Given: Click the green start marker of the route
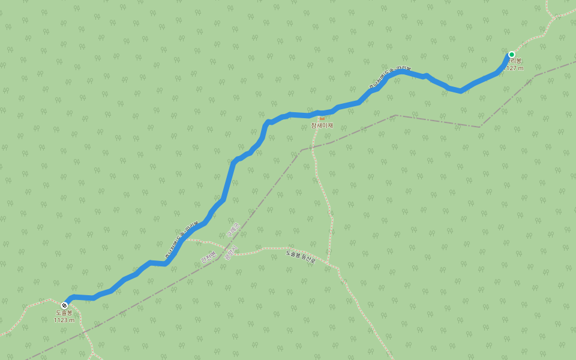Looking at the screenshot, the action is pyautogui.click(x=512, y=55).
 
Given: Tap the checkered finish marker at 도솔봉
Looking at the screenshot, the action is pyautogui.click(x=65, y=305).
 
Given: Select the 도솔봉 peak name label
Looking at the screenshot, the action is pyautogui.click(x=64, y=313).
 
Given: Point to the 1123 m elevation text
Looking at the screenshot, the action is pyautogui.click(x=64, y=320).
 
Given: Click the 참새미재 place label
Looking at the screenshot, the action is pyautogui.click(x=322, y=125).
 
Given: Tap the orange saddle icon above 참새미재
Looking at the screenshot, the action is pyautogui.click(x=322, y=118).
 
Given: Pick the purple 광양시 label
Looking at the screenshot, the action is pyautogui.click(x=231, y=253).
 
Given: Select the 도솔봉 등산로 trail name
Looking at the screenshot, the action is pyautogui.click(x=301, y=257).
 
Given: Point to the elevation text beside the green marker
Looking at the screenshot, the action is pyautogui.click(x=515, y=68).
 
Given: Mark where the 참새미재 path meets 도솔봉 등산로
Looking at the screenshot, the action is pyautogui.click(x=328, y=262).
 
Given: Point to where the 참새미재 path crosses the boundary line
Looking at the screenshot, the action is pyautogui.click(x=314, y=146).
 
